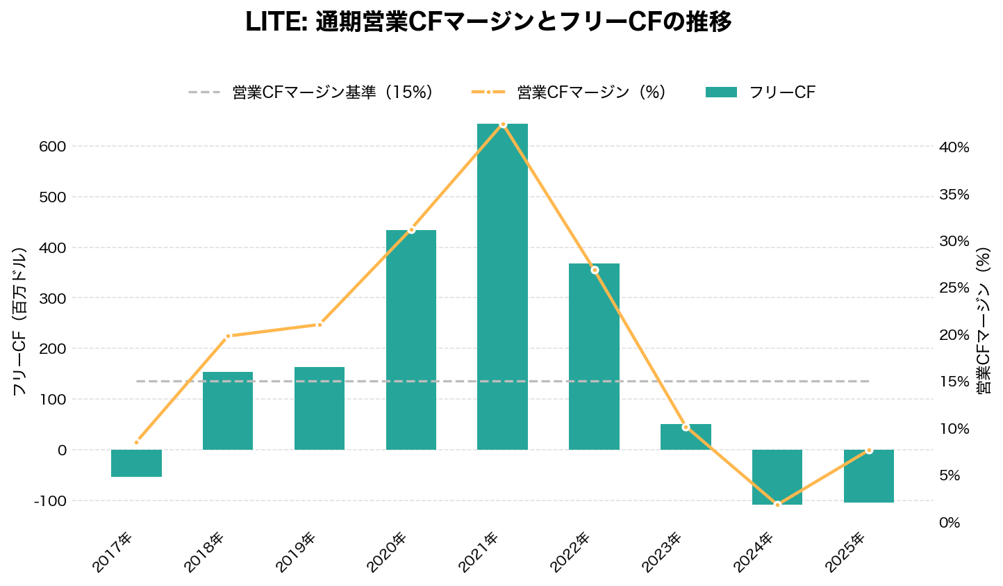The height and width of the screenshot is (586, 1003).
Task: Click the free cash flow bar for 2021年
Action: coord(502,286)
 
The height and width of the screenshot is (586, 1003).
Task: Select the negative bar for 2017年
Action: coord(136,463)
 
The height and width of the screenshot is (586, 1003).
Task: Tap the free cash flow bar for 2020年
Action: coord(411,339)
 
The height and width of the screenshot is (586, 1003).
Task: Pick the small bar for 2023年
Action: coord(686,437)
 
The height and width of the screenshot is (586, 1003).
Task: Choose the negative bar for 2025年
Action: coord(869,476)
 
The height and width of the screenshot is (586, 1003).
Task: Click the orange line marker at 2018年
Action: coord(228,336)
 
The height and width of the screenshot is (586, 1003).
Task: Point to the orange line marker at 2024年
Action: coord(777,504)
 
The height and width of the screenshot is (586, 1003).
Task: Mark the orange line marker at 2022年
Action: coord(595,270)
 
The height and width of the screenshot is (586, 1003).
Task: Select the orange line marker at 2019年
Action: coord(320,325)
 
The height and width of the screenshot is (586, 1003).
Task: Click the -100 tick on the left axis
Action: coord(49,501)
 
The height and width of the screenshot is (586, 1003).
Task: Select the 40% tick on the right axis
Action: coord(954,147)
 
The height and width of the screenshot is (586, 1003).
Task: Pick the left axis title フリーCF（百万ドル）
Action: coord(19,321)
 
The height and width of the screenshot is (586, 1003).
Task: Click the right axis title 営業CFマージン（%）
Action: coord(984,321)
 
